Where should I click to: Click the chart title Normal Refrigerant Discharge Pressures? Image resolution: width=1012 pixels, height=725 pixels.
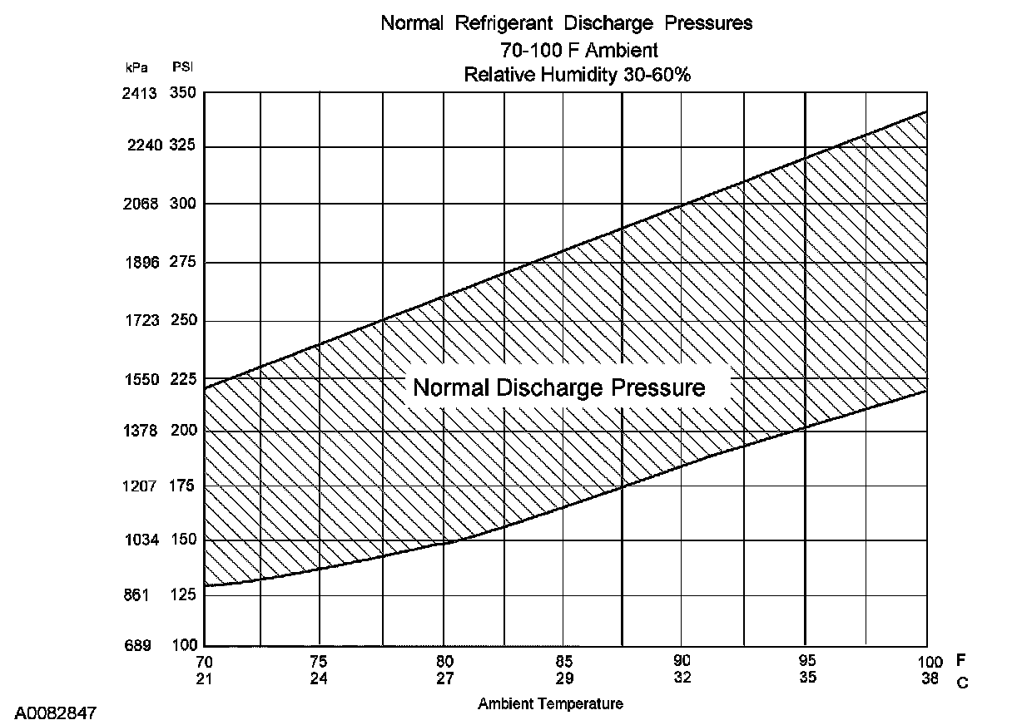566,23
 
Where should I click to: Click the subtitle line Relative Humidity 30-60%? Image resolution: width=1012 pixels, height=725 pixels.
578,75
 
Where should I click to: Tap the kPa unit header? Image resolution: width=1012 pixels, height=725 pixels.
136,67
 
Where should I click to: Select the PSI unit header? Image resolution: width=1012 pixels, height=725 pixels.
182,67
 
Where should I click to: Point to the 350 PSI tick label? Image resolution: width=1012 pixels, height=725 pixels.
182,93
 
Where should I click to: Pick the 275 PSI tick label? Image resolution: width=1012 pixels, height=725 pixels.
182,263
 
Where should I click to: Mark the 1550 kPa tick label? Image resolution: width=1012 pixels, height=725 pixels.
137,379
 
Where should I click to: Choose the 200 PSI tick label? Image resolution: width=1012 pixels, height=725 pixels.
182,431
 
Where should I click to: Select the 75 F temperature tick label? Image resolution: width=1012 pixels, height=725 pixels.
319,663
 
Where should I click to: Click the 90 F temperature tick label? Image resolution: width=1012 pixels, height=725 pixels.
682,663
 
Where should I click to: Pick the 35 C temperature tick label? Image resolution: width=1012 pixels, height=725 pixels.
806,678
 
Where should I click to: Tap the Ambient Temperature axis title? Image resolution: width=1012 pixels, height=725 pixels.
550,704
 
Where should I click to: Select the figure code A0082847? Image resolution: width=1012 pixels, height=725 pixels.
56,713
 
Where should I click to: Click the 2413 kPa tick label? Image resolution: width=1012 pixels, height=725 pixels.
137,93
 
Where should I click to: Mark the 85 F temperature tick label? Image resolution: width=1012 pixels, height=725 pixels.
563,663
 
